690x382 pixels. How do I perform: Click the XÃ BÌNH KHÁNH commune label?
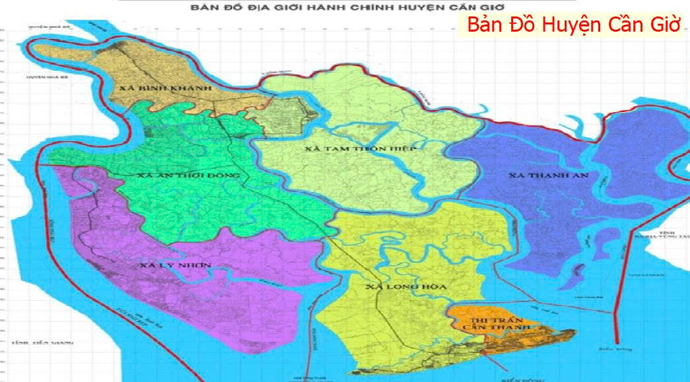[x=165, y=88]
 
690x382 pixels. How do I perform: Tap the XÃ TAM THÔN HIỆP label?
[x=361, y=149]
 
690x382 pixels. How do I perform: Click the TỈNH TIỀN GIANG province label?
[x=41, y=344]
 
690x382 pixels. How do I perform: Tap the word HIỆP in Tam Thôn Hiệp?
[x=401, y=149]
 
